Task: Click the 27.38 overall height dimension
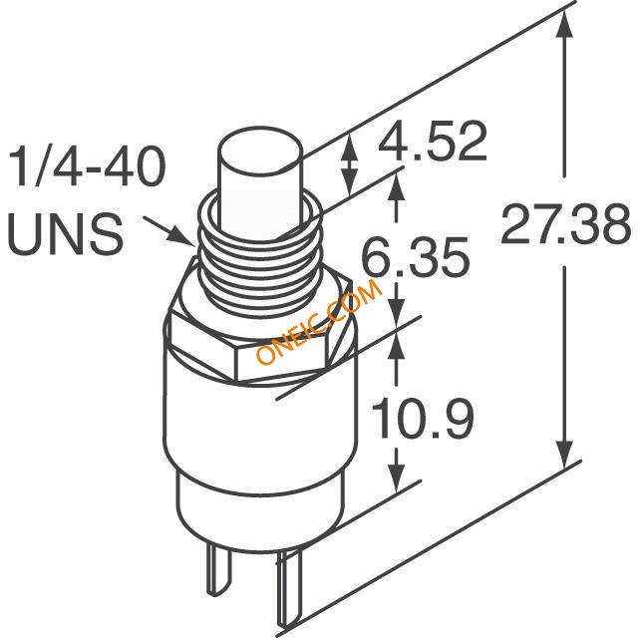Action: coord(565,223)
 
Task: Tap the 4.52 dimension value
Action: coord(433,141)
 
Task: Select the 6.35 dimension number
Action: coord(416,257)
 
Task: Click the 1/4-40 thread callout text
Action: coord(86,166)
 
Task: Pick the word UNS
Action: coord(65,235)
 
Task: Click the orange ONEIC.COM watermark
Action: coord(319,322)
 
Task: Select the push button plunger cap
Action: coord(261,183)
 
